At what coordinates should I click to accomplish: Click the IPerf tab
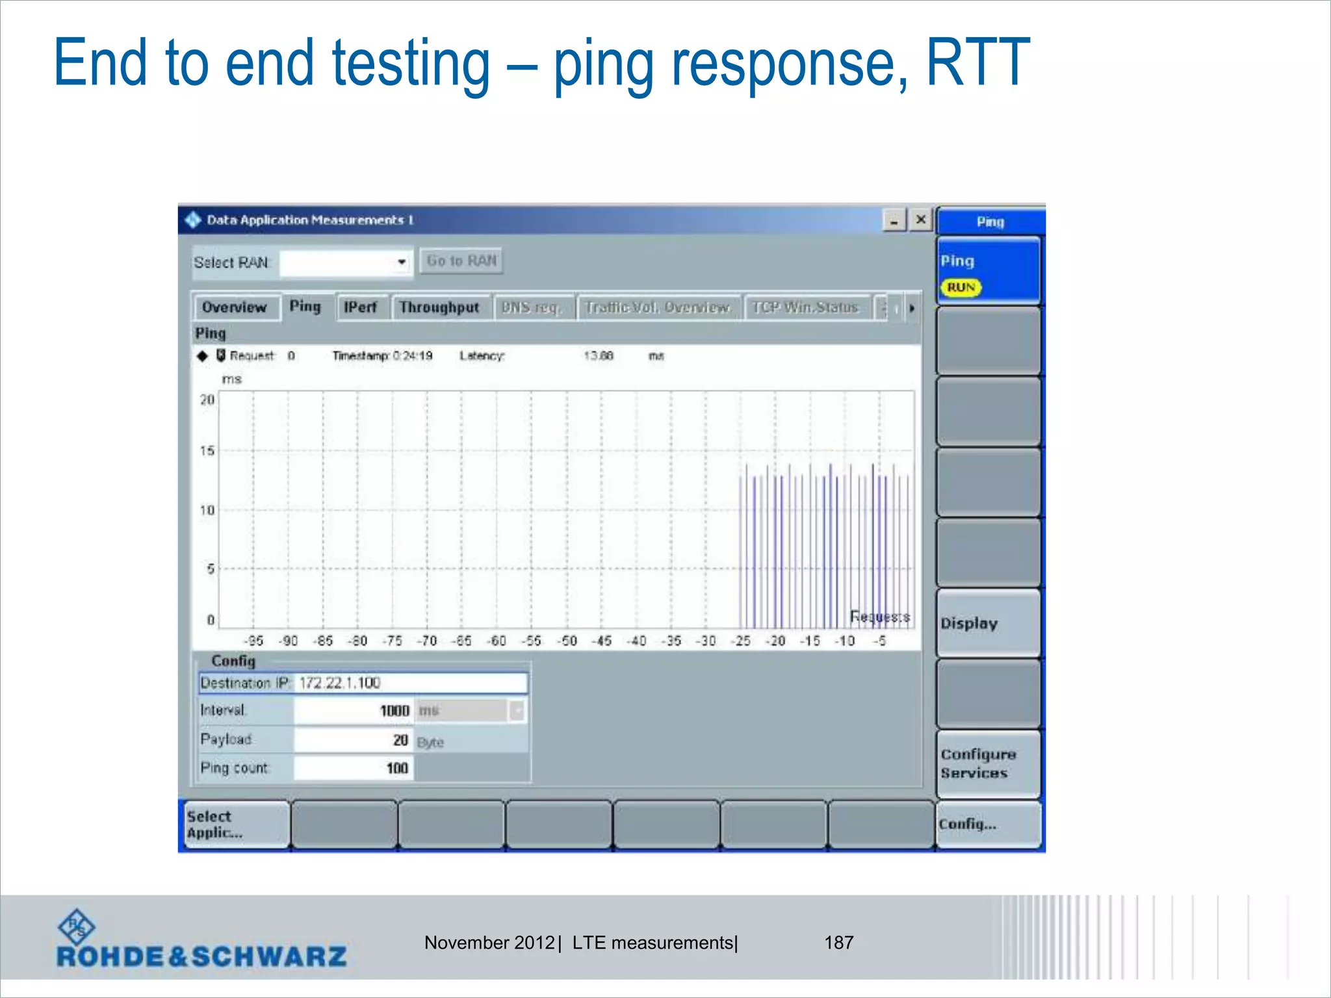point(361,307)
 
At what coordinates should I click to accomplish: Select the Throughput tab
point(439,307)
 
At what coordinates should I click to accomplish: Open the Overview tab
point(235,307)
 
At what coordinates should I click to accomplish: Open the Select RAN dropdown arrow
point(402,262)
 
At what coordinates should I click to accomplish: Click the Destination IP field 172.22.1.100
point(411,683)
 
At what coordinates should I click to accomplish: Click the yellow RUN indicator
point(961,287)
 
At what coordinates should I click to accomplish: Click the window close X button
point(921,220)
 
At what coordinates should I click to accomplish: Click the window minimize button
point(894,221)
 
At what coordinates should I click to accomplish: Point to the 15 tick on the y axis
point(207,451)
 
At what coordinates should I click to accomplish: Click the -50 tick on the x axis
point(568,641)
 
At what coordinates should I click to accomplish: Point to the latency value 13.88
point(598,356)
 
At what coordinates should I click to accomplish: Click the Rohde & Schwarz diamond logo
point(77,927)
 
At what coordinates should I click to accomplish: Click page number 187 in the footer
point(838,943)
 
